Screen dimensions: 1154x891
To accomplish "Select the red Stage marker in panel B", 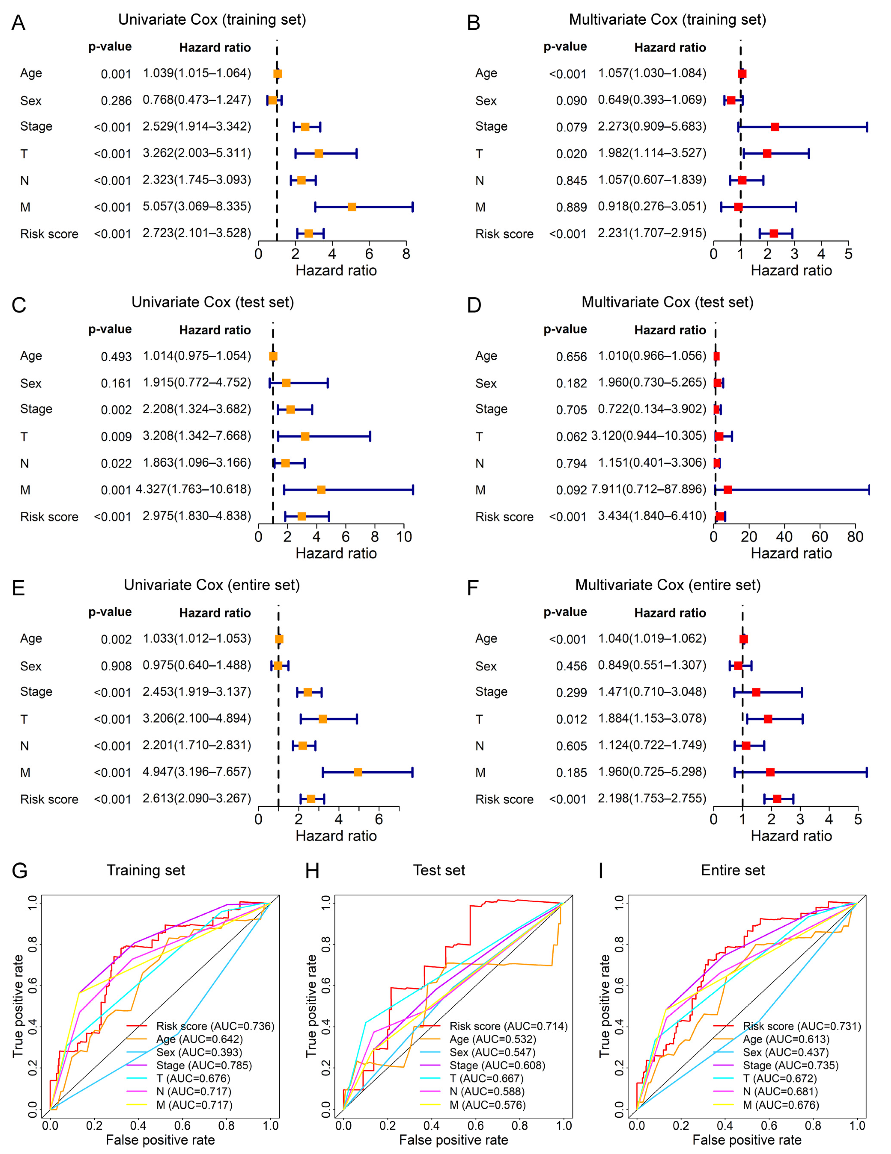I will (x=775, y=127).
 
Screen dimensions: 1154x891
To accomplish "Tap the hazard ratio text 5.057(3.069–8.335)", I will (x=197, y=207).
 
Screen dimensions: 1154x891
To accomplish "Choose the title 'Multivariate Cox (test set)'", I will (x=668, y=302).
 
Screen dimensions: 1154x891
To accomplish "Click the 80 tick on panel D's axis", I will (x=855, y=537).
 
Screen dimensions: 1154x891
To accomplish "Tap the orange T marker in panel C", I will (x=305, y=436).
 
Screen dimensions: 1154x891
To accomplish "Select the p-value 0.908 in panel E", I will (x=116, y=666).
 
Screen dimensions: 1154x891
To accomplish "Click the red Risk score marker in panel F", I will (x=777, y=799).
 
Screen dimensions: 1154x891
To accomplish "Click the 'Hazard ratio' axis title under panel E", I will (x=336, y=836).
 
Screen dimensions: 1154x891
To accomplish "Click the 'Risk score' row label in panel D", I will (x=504, y=517).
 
